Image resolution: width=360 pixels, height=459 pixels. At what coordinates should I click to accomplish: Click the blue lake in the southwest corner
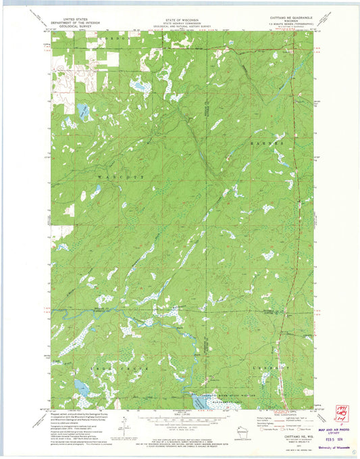tap(83, 387)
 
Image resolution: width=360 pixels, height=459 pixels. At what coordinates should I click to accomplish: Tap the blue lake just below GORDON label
tap(82, 110)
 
